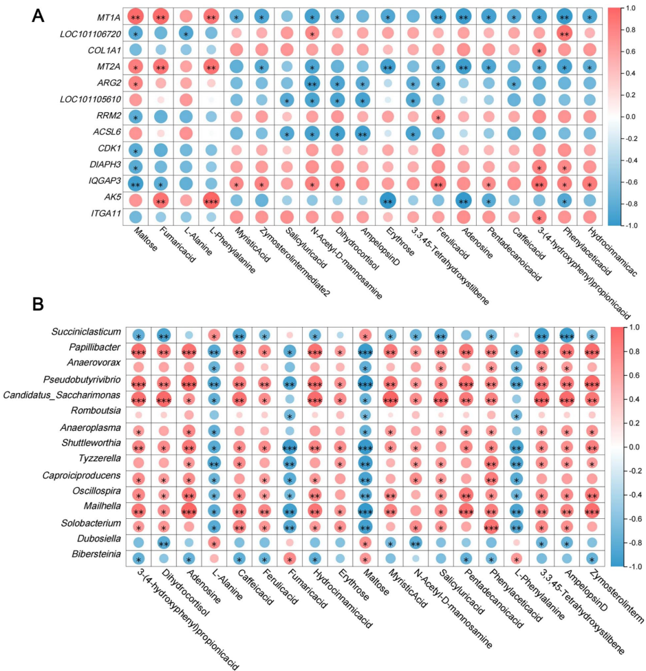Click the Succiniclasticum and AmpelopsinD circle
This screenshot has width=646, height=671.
(x=567, y=335)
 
